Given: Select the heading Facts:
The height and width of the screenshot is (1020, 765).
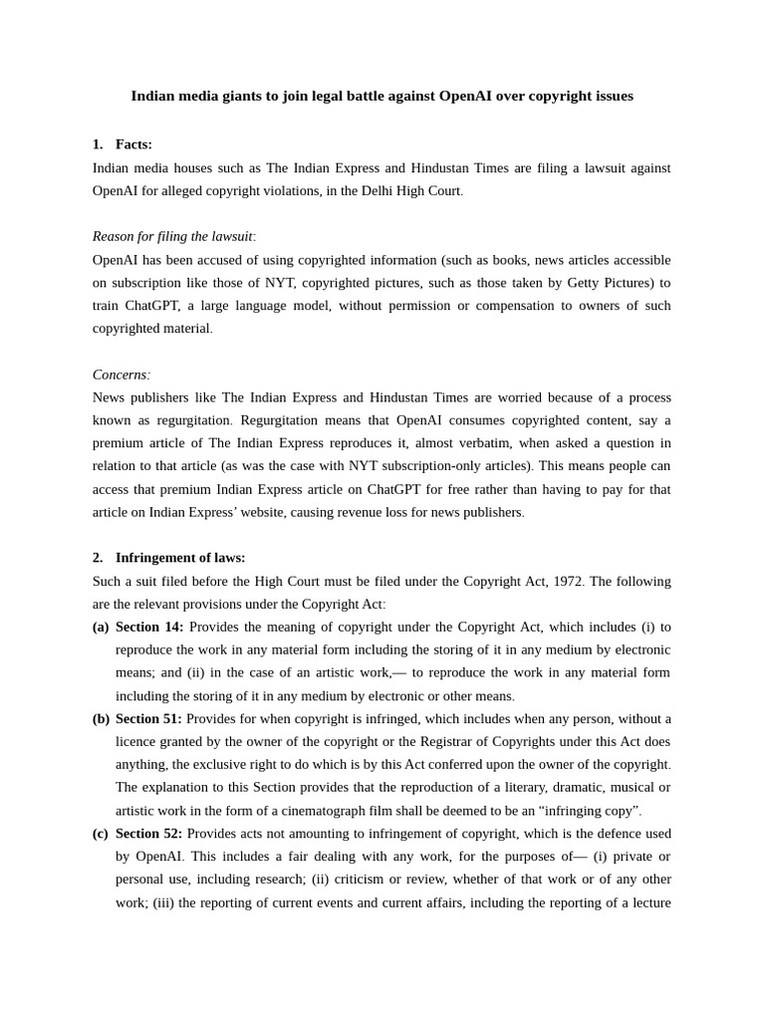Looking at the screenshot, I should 133,144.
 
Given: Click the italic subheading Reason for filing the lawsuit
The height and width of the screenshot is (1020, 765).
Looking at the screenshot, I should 172,236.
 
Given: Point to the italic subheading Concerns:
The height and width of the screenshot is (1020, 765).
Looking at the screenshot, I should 121,375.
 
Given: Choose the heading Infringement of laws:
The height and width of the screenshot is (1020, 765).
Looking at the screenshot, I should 180,558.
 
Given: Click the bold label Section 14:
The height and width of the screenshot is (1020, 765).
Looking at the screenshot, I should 149,627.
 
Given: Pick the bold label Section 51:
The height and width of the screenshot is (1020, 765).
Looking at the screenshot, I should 148,718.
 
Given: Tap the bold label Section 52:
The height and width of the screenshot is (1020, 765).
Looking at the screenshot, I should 148,833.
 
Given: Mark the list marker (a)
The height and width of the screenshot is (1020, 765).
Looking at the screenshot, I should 101,627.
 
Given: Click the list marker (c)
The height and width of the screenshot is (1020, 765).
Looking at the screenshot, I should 101,833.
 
